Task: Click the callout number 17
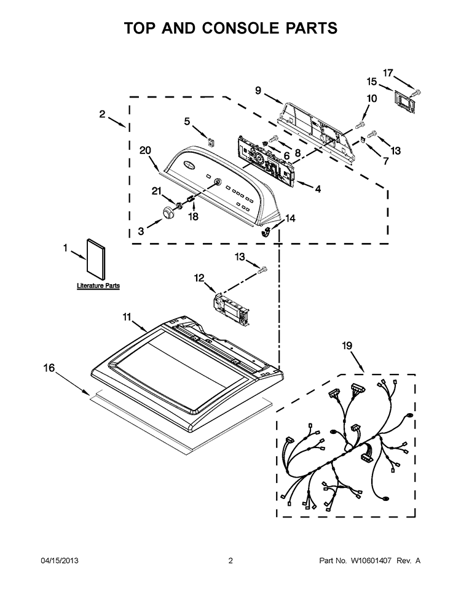pyautogui.click(x=388, y=72)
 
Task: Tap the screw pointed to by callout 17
pyautogui.click(x=416, y=92)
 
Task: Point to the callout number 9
pyautogui.click(x=258, y=90)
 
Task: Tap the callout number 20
pyautogui.click(x=146, y=150)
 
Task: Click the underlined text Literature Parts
pyautogui.click(x=98, y=285)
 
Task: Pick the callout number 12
pyautogui.click(x=199, y=277)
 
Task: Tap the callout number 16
pyautogui.click(x=49, y=368)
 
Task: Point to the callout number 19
pyautogui.click(x=347, y=346)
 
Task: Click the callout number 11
pyautogui.click(x=127, y=317)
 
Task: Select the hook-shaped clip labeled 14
pyautogui.click(x=267, y=231)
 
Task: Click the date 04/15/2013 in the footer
pyautogui.click(x=60, y=560)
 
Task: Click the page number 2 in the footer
pyautogui.click(x=230, y=560)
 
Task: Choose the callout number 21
pyautogui.click(x=157, y=191)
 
